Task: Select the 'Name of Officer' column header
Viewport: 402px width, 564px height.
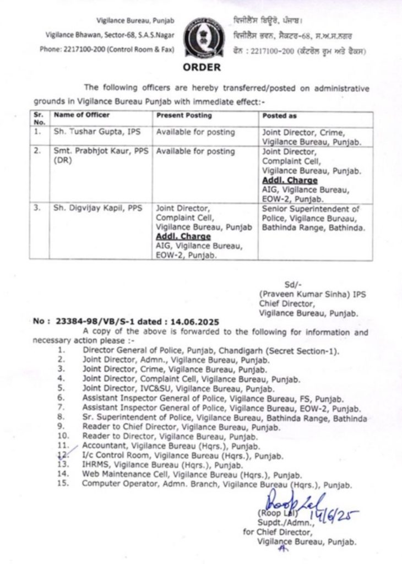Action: [x=82, y=115]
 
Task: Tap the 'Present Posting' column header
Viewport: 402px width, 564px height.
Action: [x=183, y=115]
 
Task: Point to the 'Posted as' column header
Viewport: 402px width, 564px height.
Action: [x=279, y=115]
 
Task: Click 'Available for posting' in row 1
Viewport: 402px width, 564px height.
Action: [x=195, y=133]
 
